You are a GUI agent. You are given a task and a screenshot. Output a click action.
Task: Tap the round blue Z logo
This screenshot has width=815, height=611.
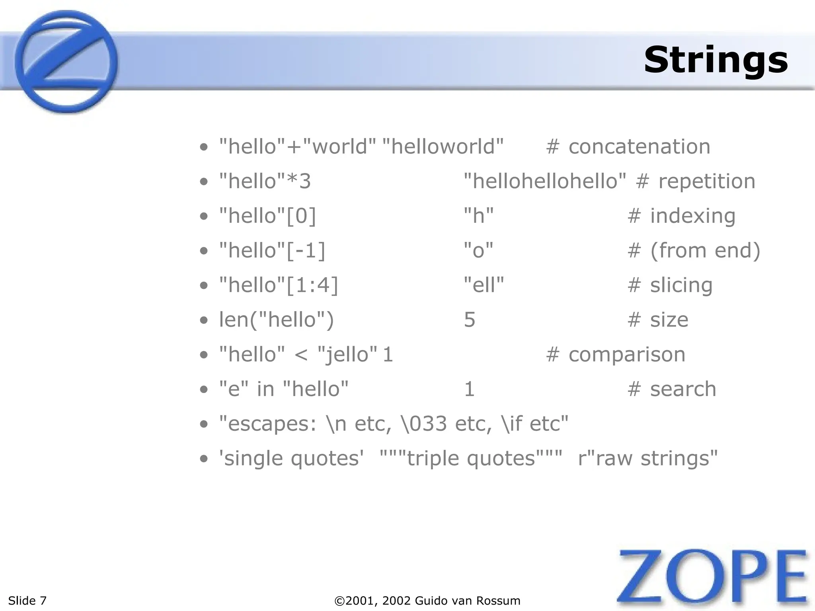(x=66, y=62)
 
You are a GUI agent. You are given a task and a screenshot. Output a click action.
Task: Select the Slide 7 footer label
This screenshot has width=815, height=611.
(x=27, y=601)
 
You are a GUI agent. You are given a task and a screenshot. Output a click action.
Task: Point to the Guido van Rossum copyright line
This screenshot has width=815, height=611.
(x=427, y=601)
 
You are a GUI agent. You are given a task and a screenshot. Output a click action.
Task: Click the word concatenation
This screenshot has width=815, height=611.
(x=639, y=146)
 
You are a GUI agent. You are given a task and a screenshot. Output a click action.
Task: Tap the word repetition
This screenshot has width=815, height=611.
(x=707, y=181)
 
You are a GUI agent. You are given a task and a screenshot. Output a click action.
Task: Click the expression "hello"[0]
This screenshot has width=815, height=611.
(x=267, y=216)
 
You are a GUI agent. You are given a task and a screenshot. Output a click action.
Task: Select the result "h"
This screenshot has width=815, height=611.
(x=479, y=216)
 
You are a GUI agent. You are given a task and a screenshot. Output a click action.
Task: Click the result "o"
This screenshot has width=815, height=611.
(x=479, y=251)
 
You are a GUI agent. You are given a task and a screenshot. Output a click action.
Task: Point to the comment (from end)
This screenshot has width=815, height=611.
(x=705, y=251)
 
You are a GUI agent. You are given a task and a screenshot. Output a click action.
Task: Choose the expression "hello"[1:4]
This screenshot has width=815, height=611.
(x=279, y=285)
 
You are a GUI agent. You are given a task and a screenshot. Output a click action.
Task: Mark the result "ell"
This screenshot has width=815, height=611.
(x=484, y=285)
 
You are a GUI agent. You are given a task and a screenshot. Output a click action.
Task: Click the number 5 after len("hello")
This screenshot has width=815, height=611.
(x=470, y=320)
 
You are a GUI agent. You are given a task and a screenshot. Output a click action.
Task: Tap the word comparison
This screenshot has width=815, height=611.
(x=627, y=354)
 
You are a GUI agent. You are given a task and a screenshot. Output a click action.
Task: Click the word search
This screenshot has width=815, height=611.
(x=683, y=389)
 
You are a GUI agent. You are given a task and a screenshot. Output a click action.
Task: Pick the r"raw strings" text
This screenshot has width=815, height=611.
(x=647, y=458)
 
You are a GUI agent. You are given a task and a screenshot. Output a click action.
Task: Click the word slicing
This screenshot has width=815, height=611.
(x=681, y=285)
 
